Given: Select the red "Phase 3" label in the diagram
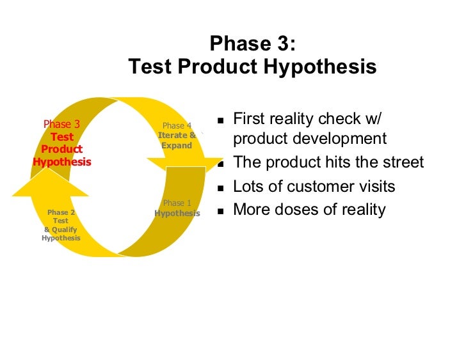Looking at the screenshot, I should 61,124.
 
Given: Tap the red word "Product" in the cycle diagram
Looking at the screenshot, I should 62,149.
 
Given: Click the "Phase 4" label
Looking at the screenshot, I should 177,126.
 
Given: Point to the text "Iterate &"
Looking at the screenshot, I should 177,136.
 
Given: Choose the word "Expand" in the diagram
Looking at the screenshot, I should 177,146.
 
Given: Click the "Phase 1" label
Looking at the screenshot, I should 177,203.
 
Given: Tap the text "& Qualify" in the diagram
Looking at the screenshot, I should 61,229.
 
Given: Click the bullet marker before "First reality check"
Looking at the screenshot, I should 220,120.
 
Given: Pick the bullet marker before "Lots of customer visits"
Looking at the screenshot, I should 220,188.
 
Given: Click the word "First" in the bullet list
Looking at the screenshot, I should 249,119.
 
